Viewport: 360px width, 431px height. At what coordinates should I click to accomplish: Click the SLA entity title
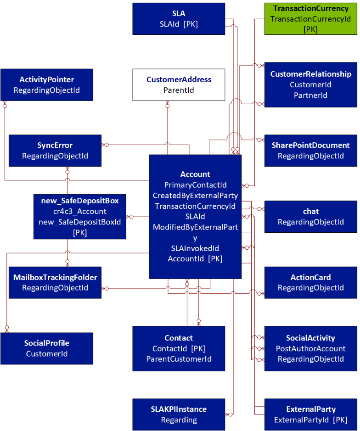(x=179, y=14)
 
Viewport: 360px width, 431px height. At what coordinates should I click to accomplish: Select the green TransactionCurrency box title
(x=310, y=9)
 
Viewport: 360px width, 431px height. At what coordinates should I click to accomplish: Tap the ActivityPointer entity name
(x=47, y=80)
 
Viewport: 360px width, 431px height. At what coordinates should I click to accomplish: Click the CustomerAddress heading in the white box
(x=179, y=80)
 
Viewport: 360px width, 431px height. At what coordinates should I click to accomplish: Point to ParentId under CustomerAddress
(x=179, y=90)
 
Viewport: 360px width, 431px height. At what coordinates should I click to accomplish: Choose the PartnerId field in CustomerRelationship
(x=310, y=95)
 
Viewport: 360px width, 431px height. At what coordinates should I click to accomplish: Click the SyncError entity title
(x=55, y=146)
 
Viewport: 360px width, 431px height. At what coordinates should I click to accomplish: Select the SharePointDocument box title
(x=310, y=146)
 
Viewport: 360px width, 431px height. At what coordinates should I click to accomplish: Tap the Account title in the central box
(x=195, y=174)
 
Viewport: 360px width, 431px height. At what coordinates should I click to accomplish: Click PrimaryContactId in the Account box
(x=195, y=185)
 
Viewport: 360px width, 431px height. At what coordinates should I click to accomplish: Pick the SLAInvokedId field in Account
(x=195, y=248)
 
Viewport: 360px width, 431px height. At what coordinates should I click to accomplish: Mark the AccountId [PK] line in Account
(x=195, y=259)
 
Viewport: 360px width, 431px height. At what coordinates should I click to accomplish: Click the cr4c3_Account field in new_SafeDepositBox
(x=80, y=212)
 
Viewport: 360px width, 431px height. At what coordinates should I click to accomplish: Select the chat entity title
(x=310, y=212)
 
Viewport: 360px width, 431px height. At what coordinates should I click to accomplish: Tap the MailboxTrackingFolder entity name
(x=55, y=278)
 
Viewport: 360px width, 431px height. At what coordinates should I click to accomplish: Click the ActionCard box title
(x=310, y=278)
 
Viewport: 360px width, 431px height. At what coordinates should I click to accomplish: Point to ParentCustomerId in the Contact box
(x=179, y=359)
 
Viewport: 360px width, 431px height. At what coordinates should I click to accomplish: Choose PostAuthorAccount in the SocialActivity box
(x=310, y=349)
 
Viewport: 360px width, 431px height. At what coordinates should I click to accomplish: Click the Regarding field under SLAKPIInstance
(x=179, y=420)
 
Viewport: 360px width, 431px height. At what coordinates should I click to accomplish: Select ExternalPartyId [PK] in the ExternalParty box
(x=310, y=420)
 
